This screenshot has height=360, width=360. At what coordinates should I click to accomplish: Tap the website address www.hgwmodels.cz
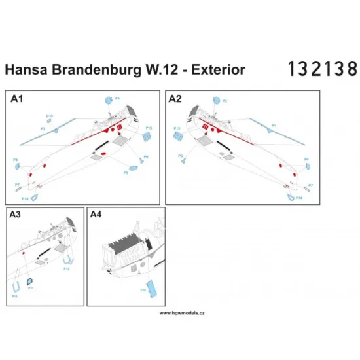[x=180, y=312]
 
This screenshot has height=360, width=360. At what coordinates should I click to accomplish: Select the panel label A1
[x=16, y=99]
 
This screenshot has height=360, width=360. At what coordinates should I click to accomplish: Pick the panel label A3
[x=15, y=213]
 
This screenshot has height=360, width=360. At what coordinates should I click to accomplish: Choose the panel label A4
[x=96, y=213]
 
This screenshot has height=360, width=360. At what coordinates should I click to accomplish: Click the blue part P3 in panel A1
[x=109, y=100]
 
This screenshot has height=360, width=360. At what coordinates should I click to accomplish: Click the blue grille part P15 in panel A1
[x=147, y=137]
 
